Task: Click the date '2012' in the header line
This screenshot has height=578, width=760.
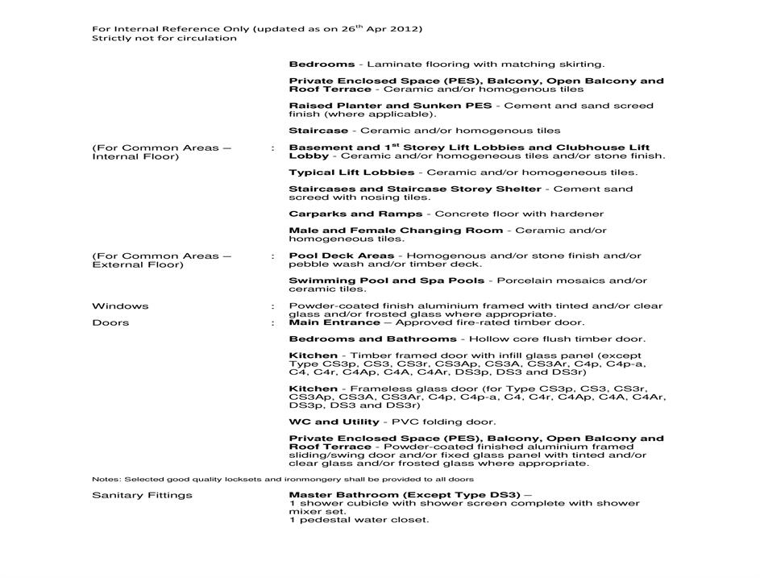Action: pyautogui.click(x=408, y=29)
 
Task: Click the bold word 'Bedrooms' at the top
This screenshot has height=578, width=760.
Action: pyautogui.click(x=322, y=64)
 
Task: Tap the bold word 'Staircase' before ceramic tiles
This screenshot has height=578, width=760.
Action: pyautogui.click(x=318, y=131)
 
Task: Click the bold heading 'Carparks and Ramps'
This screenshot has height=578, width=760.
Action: pyautogui.click(x=355, y=214)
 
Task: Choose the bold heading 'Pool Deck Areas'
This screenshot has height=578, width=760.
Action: pyautogui.click(x=342, y=256)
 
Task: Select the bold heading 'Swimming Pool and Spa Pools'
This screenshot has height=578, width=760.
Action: pyautogui.click(x=387, y=281)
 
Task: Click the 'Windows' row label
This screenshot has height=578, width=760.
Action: pyautogui.click(x=120, y=306)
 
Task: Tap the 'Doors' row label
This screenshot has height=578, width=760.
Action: pyautogui.click(x=110, y=322)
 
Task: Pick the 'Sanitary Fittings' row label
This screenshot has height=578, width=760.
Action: pyautogui.click(x=142, y=495)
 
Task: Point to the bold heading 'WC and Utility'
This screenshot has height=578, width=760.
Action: pyautogui.click(x=334, y=422)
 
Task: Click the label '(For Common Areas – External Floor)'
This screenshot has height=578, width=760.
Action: pyautogui.click(x=161, y=260)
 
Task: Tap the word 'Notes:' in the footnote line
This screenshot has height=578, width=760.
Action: pyautogui.click(x=104, y=480)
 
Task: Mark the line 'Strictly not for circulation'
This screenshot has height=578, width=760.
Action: pyautogui.click(x=164, y=38)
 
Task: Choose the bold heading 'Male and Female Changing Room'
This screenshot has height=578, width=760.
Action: pyautogui.click(x=396, y=231)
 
